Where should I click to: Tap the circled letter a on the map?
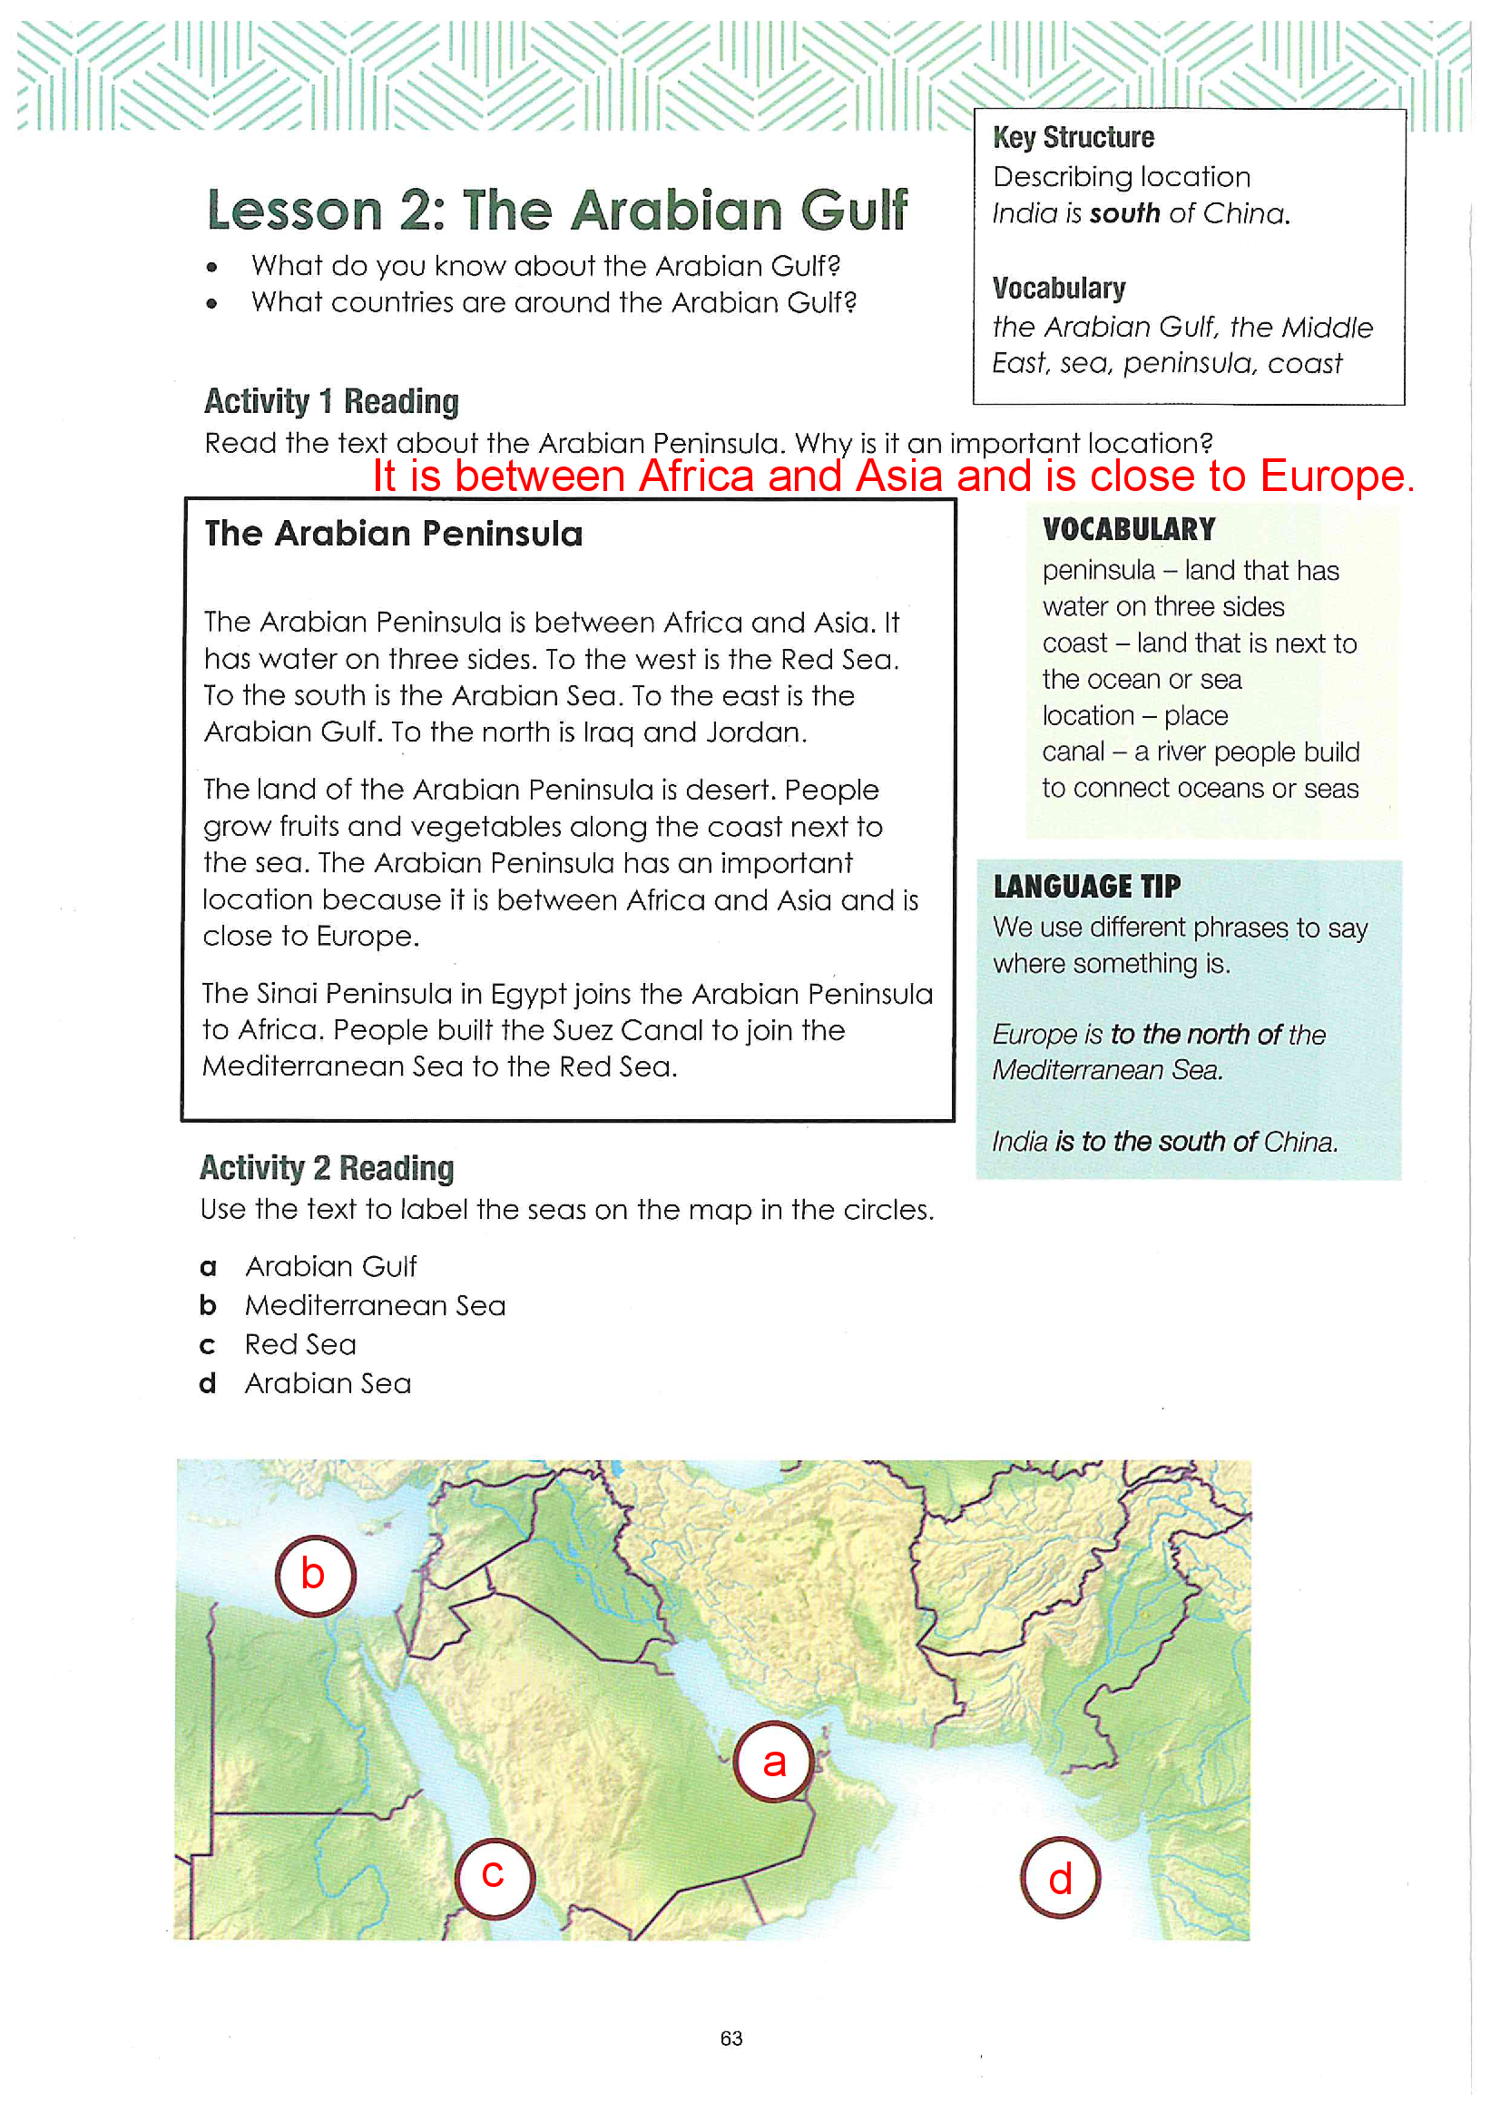coord(774,1762)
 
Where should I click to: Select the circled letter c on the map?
coord(495,1878)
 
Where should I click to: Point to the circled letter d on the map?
coord(1060,1876)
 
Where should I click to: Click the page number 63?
coord(731,2038)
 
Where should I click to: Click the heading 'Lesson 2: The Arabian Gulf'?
coord(557,210)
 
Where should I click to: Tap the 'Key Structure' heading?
coord(1073,138)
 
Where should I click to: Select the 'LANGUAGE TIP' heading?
coord(1087,887)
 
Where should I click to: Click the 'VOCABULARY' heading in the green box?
coord(1129,529)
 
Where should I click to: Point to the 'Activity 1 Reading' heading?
coord(331,401)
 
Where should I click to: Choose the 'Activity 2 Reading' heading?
coord(328,1168)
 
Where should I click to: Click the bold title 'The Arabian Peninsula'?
coord(394,534)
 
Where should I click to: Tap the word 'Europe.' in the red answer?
coord(1337,476)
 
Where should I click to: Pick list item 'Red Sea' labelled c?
coord(300,1344)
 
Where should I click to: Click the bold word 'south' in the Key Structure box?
coord(1124,213)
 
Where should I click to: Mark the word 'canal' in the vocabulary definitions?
coord(1073,752)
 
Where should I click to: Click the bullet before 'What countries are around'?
coord(211,303)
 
